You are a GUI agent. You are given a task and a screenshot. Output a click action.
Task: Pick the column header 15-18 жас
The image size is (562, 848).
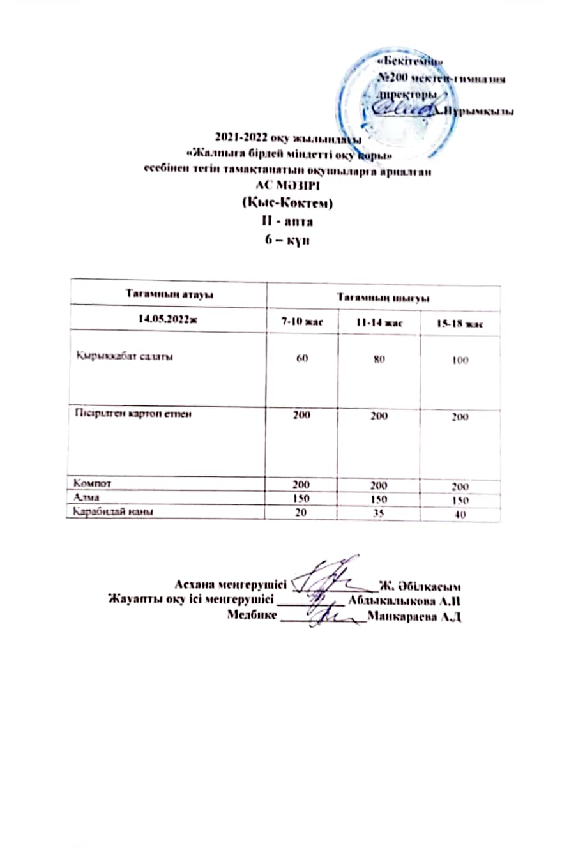[460, 324]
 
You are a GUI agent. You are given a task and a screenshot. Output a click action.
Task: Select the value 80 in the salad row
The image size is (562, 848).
[379, 360]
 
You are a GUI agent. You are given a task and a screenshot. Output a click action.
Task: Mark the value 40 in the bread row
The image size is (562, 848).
[460, 513]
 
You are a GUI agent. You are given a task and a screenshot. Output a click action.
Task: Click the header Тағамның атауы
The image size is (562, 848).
[167, 292]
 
